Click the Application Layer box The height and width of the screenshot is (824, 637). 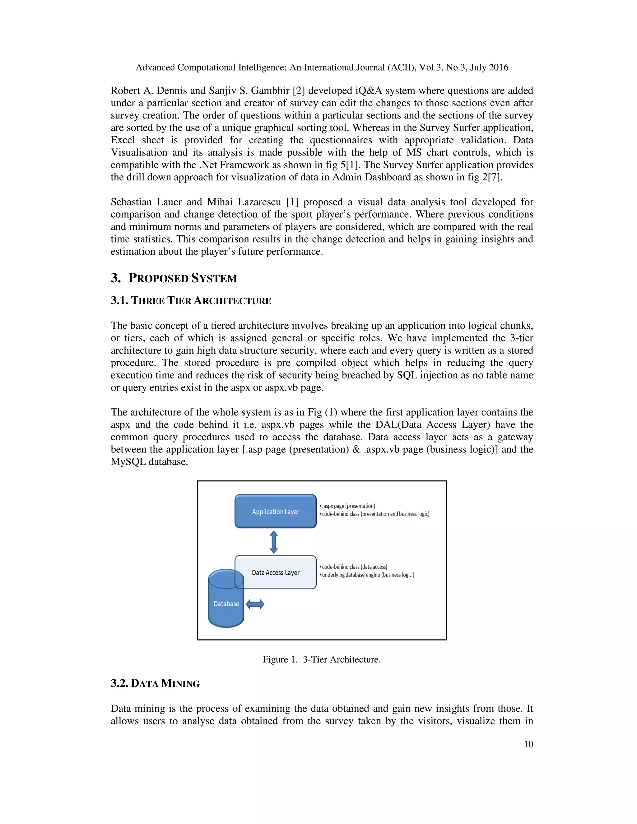coord(276,511)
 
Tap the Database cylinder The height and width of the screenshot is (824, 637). coord(226,604)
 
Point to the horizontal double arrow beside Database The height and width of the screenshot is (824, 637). coord(255,604)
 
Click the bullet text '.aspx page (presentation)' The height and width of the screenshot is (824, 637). coord(348,506)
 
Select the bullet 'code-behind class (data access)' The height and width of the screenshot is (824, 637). coord(354,567)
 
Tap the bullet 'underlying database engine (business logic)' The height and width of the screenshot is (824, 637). coord(368,575)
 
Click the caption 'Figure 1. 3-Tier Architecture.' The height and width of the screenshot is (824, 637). coord(322,659)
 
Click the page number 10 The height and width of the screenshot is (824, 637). coord(528,744)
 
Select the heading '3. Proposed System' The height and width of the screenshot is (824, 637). coord(174,278)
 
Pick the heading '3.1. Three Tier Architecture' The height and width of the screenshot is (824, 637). coord(191,301)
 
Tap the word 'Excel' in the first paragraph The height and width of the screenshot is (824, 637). coord(123,140)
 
